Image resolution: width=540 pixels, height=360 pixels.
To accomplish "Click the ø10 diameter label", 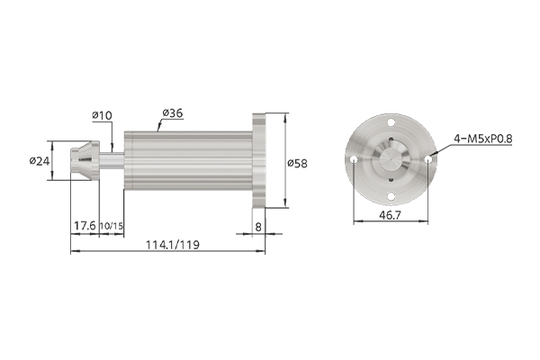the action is click(x=103, y=115).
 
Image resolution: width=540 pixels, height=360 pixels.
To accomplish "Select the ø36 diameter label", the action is click(x=173, y=113).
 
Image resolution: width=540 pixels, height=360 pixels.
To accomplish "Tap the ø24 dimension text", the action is click(x=40, y=161).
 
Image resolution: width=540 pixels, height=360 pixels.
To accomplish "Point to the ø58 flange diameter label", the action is click(x=297, y=163).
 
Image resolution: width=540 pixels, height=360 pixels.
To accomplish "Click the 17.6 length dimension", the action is click(x=85, y=226).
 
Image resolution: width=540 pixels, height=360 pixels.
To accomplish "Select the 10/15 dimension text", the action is click(x=112, y=226).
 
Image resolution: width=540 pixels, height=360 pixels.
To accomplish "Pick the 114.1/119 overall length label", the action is click(x=173, y=245).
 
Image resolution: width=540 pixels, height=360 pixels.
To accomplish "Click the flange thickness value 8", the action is click(x=258, y=227).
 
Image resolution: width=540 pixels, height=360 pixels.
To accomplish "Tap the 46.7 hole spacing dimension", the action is click(x=391, y=215).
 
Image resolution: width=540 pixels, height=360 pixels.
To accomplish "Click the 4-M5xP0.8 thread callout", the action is click(x=482, y=139).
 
